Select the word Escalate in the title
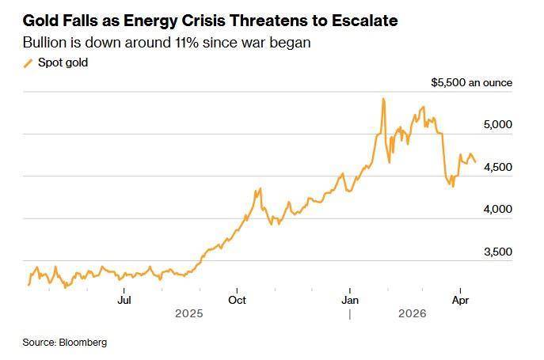tap(362, 21)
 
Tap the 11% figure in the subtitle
tap(174, 43)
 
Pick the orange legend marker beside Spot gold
tap(29, 63)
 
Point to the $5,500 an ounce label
tap(471, 82)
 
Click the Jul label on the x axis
tap(124, 300)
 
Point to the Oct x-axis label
tap(237, 300)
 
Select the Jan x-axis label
tap(349, 300)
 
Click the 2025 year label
tap(189, 314)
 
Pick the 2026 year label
tap(413, 314)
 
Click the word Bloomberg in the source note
tap(82, 343)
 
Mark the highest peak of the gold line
tap(383, 100)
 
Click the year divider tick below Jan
tap(349, 314)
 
